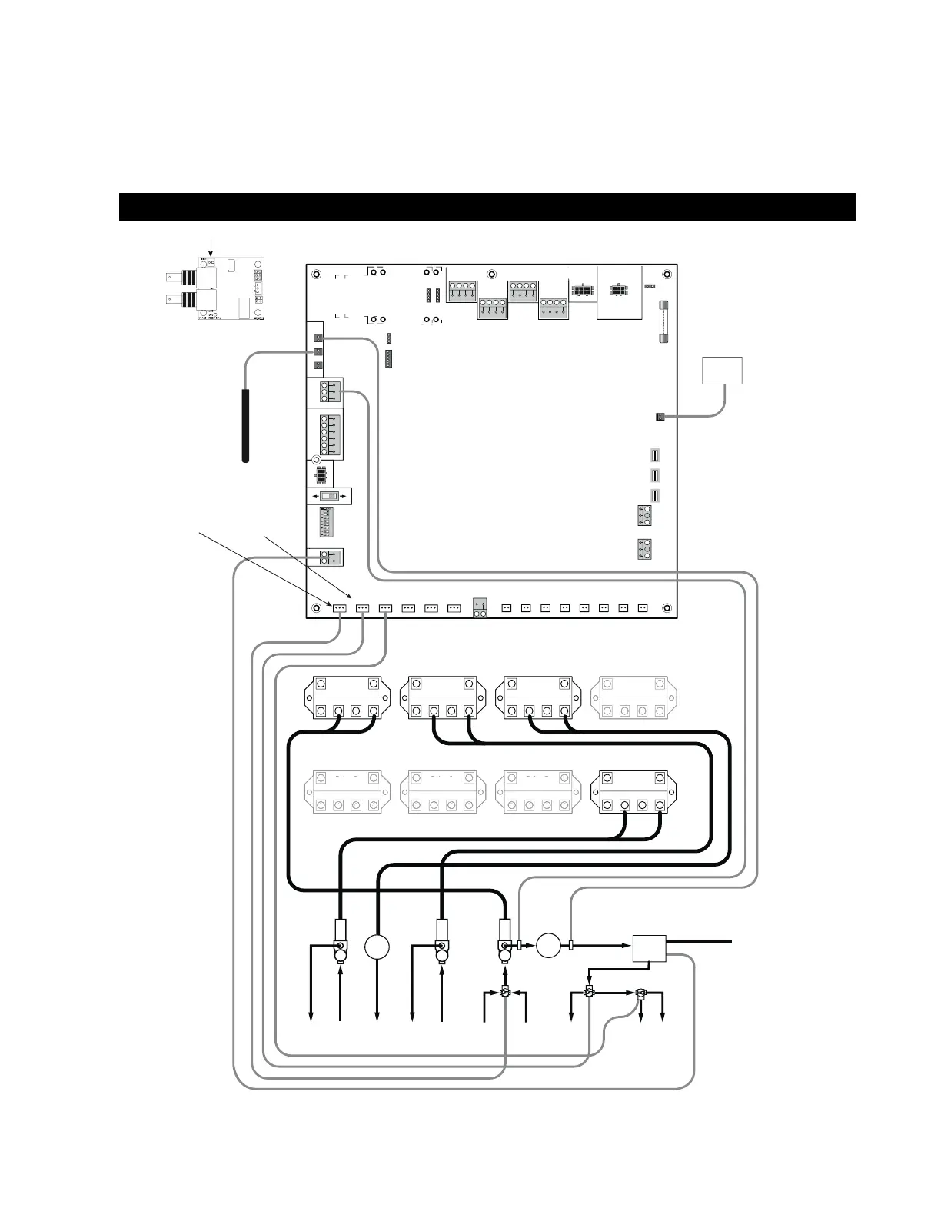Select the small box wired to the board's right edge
point(722,370)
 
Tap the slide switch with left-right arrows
point(328,497)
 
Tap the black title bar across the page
point(487,207)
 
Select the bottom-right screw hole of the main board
point(666,608)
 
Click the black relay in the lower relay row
point(633,793)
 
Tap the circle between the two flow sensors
point(547,944)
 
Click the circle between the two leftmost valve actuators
point(377,946)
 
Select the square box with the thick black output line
point(649,948)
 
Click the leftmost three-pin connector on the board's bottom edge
point(339,607)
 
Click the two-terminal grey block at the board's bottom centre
point(480,607)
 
